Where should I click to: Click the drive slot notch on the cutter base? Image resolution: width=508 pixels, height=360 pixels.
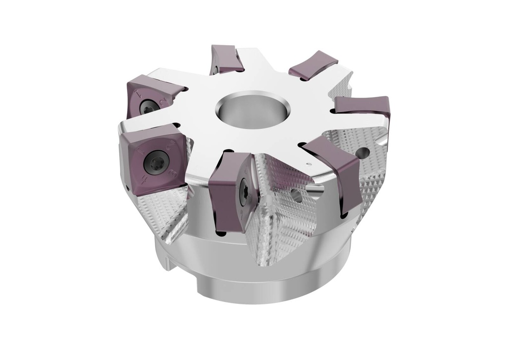point(172,265)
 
